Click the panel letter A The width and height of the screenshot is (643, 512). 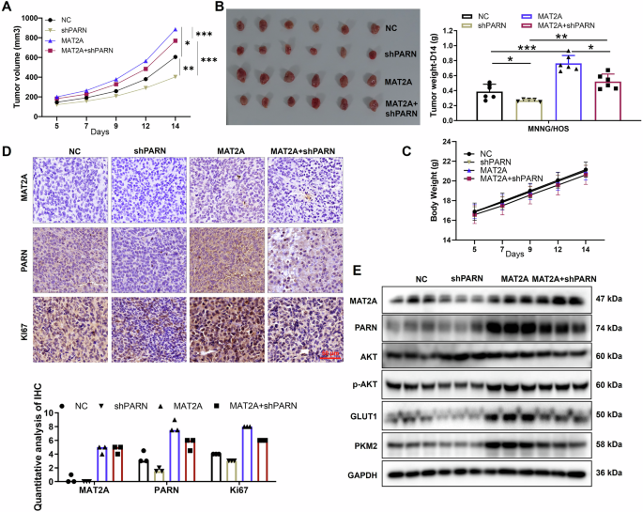9,8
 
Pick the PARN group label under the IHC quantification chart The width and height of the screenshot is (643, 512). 155,490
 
